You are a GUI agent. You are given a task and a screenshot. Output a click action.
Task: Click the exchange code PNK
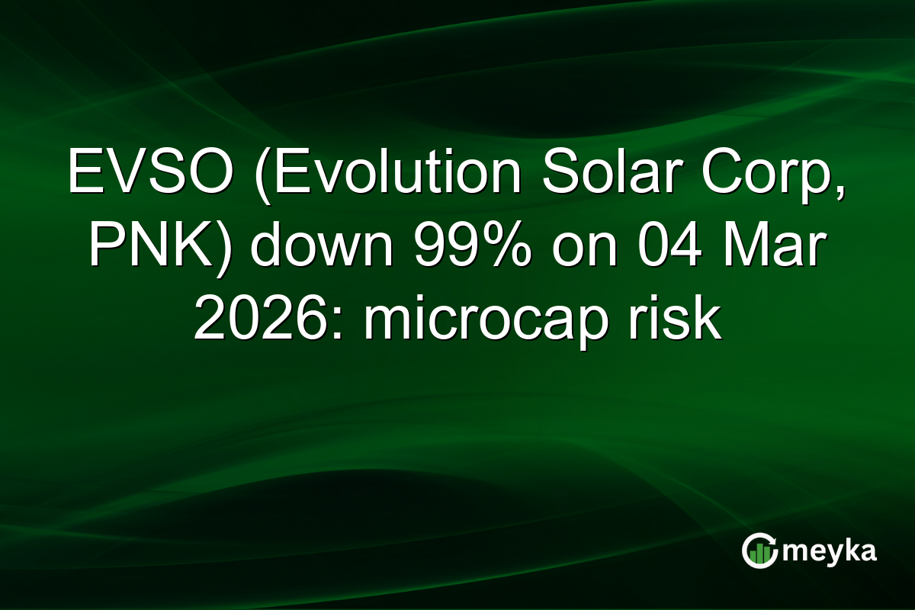(145, 248)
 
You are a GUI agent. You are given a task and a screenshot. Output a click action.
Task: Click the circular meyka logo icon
(760, 551)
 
